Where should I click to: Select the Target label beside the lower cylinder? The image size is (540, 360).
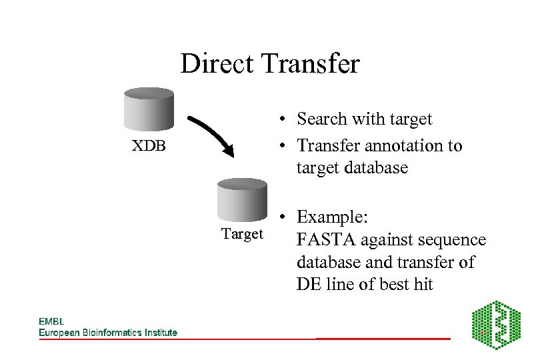point(242,234)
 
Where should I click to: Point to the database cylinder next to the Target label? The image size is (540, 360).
point(242,201)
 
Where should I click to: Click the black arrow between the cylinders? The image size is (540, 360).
point(212,136)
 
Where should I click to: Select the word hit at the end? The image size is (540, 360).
point(423,285)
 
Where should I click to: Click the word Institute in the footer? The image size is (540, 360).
point(161,333)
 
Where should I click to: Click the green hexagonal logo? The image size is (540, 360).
point(496,325)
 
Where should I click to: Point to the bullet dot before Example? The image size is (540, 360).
point(283,218)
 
